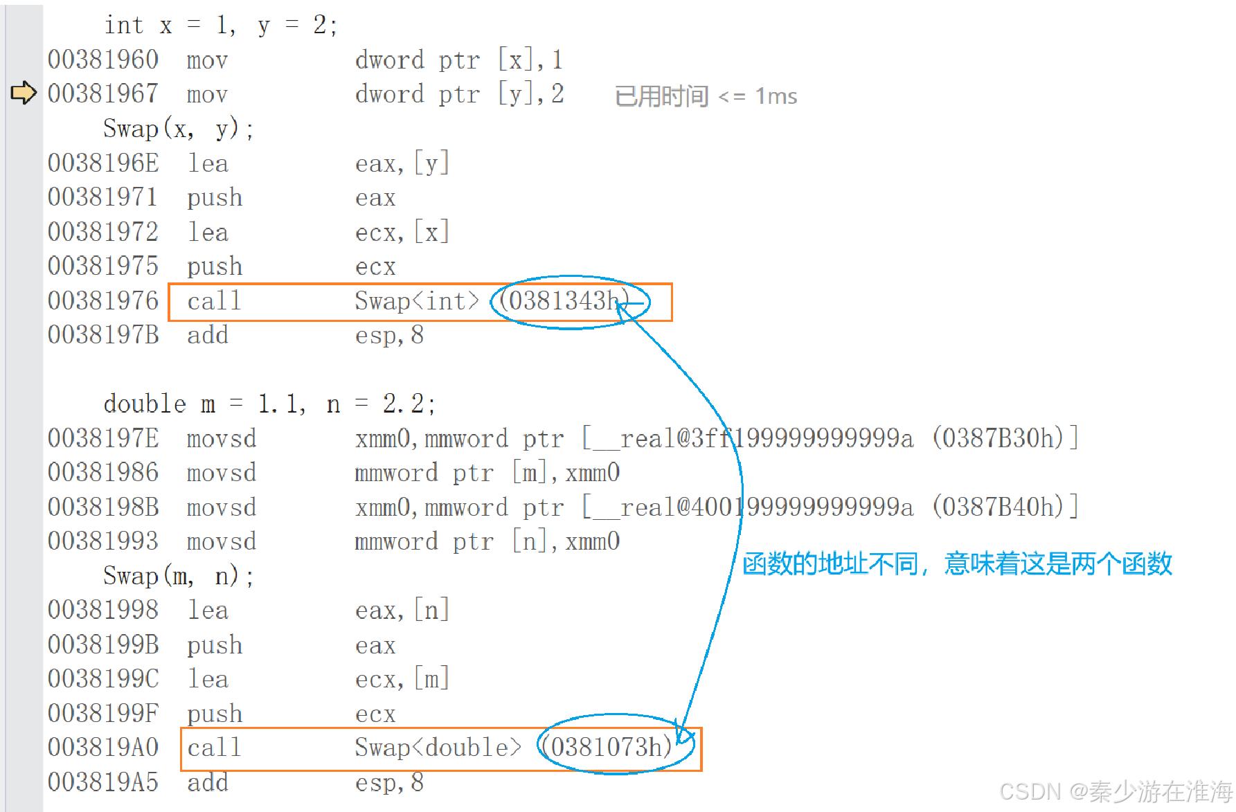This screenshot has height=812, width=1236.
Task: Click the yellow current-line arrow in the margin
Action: click(x=24, y=93)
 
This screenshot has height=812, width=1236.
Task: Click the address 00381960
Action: click(x=103, y=60)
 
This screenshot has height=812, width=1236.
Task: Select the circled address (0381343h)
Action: click(x=564, y=301)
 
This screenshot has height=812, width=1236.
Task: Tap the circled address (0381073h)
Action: click(x=607, y=748)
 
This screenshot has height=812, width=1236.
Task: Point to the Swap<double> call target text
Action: click(x=438, y=748)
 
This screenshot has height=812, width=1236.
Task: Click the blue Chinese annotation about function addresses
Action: click(x=957, y=564)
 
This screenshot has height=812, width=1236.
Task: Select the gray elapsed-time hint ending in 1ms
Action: click(x=706, y=96)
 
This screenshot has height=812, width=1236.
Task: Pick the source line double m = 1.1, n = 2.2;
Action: click(x=269, y=404)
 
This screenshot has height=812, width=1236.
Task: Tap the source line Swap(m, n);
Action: click(x=178, y=576)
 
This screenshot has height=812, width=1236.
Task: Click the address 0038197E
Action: click(x=103, y=438)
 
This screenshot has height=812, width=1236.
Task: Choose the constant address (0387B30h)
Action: click(x=997, y=438)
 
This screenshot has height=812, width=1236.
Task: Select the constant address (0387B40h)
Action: click(x=997, y=507)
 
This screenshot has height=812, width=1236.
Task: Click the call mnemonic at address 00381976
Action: click(x=214, y=301)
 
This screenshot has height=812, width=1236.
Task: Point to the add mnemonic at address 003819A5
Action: click(x=208, y=782)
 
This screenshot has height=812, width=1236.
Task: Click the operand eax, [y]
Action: click(x=402, y=164)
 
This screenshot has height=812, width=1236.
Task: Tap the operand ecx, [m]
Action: click(x=402, y=679)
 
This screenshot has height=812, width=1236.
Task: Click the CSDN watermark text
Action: click(x=1116, y=791)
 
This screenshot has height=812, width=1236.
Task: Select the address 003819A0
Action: click(x=103, y=748)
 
